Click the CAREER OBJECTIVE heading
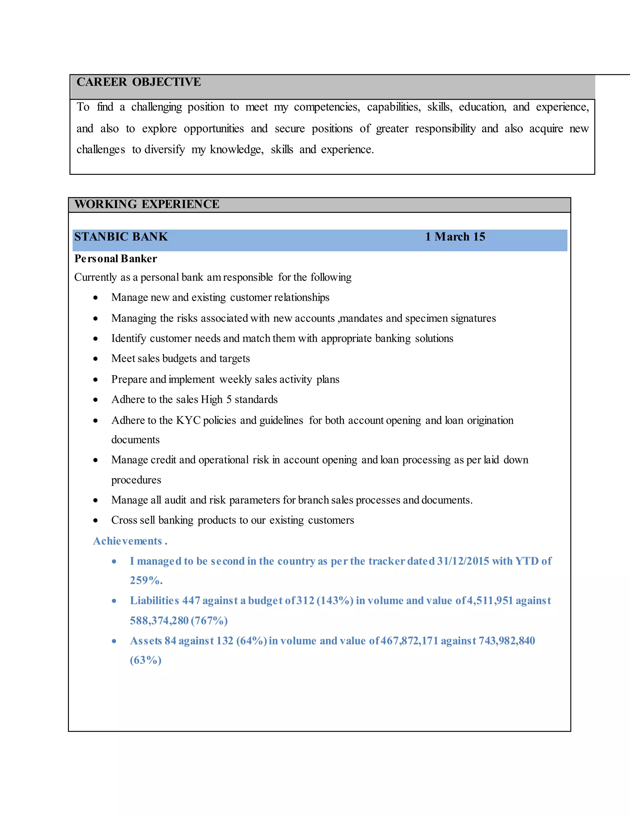[x=138, y=82]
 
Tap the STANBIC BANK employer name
[x=121, y=236]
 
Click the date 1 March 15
[x=455, y=236]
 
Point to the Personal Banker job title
[x=115, y=259]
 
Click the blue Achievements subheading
[x=130, y=541]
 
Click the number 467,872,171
[x=409, y=641]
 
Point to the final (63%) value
[x=146, y=660]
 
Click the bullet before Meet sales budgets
[x=96, y=359]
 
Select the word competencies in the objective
[x=327, y=107]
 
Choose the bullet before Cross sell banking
[x=96, y=520]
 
